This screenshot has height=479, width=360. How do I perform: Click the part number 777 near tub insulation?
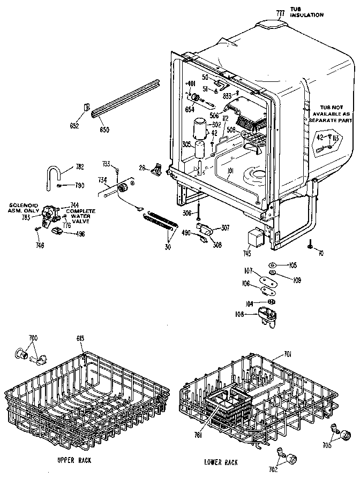(x=279, y=13)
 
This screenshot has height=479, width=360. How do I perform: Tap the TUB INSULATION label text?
(x=306, y=12)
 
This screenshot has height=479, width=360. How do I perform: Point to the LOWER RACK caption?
(x=221, y=461)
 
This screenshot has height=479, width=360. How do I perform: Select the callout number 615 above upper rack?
(x=80, y=339)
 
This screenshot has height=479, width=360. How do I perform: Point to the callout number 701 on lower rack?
(x=287, y=353)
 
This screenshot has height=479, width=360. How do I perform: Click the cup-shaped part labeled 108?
(x=266, y=314)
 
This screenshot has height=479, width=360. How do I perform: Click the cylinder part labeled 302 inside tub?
(x=200, y=129)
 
